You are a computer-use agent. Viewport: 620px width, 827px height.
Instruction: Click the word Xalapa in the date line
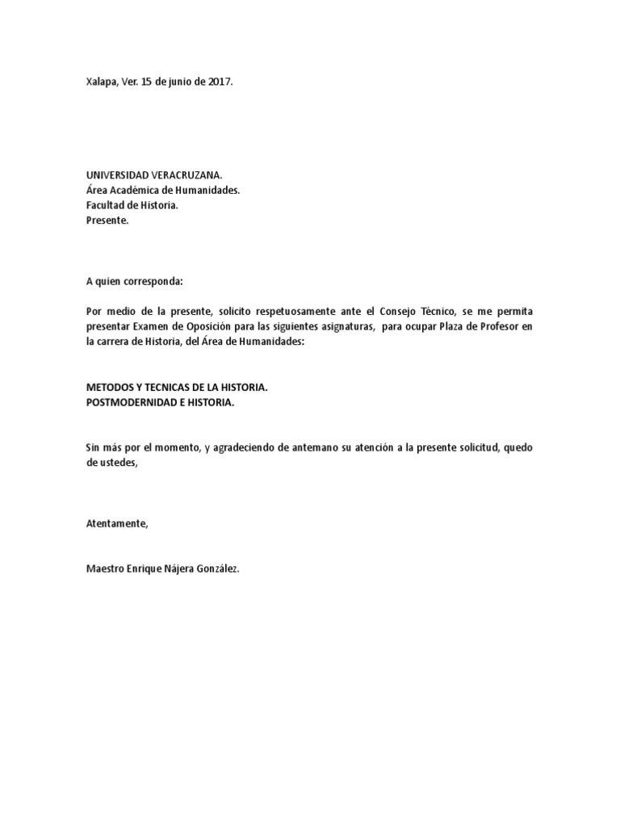coord(101,82)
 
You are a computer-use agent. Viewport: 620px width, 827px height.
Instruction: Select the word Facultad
coord(105,205)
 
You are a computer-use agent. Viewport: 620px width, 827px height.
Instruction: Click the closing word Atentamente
coord(117,523)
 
